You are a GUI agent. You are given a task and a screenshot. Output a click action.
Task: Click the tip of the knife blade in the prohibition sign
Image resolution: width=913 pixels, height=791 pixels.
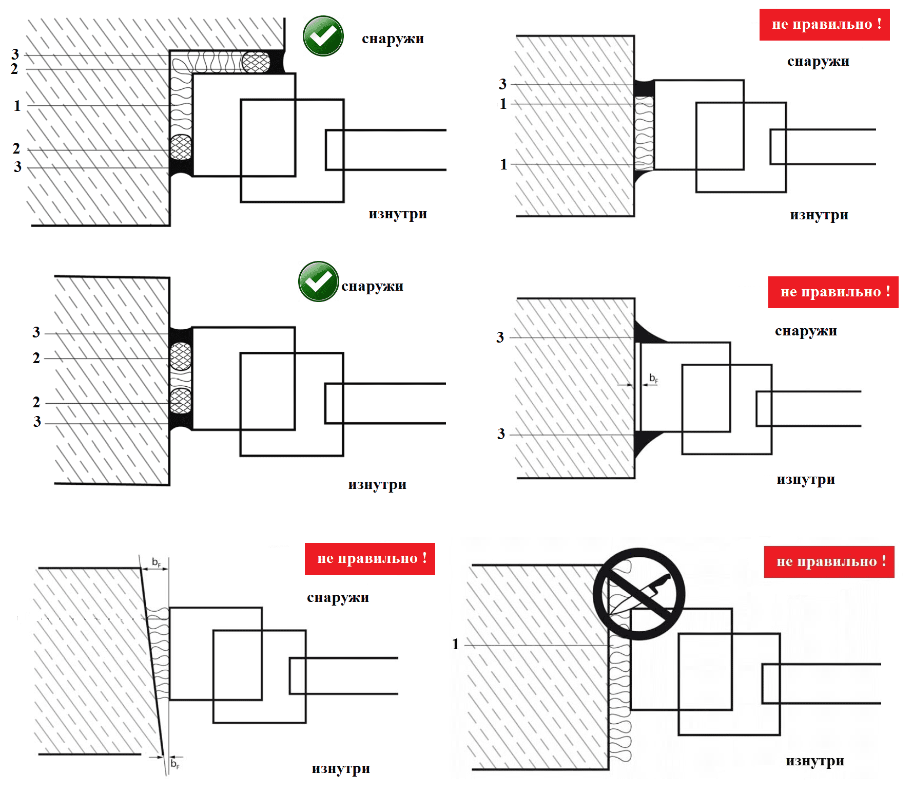pos(610,614)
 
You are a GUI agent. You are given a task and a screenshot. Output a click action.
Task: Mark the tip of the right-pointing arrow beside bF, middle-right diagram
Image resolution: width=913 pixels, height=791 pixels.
pos(633,385)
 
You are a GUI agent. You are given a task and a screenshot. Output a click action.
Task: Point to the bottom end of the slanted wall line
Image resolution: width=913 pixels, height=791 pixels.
pos(163,755)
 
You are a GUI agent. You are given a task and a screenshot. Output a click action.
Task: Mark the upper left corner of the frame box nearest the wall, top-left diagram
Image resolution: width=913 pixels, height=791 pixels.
pos(193,74)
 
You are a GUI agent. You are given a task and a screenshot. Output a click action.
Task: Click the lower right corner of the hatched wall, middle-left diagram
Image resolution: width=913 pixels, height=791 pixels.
pos(169,484)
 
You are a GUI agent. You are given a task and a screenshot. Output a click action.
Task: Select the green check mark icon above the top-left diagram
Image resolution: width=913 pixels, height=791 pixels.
pos(323,36)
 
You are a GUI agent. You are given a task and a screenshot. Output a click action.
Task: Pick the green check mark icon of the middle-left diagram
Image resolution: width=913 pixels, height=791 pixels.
pos(319,281)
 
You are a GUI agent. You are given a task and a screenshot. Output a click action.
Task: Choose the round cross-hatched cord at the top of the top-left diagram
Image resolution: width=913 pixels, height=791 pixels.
pos(256,62)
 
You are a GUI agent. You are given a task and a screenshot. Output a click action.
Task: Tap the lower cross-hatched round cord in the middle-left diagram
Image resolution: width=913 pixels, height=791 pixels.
pos(181,401)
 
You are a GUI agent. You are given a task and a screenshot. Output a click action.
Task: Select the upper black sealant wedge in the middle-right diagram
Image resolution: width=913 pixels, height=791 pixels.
pos(648,333)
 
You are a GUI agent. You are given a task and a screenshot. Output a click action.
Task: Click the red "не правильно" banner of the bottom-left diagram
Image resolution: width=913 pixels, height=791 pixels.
pos(370,559)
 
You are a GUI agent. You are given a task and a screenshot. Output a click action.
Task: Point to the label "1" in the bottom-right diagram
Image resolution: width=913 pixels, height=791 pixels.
pos(455,644)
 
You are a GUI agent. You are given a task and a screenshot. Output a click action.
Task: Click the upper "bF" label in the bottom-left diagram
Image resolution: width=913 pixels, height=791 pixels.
pos(157,562)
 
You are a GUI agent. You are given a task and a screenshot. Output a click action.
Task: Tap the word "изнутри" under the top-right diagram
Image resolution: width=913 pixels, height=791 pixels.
pos(819,215)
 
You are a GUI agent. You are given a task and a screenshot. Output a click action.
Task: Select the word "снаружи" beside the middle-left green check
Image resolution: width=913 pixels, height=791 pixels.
pos(373,286)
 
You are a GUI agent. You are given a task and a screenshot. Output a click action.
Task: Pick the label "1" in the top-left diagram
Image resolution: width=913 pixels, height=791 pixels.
pos(17,106)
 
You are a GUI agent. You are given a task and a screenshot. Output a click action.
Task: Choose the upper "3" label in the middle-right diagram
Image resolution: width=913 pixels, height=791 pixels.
pos(500,337)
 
